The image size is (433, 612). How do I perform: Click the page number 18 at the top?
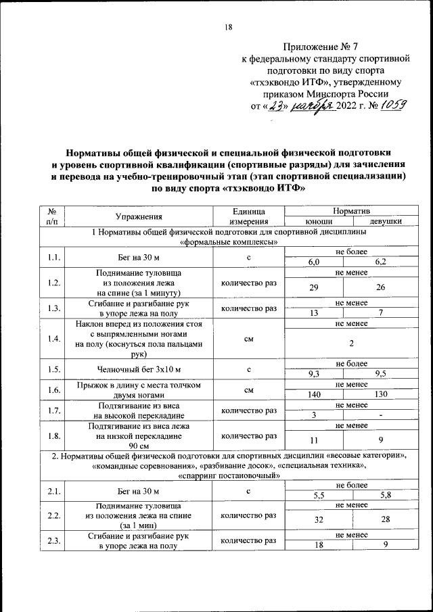click(228, 27)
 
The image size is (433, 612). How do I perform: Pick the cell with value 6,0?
click(314, 261)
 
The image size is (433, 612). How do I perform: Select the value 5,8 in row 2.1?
click(386, 495)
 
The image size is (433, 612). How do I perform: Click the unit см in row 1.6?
click(249, 390)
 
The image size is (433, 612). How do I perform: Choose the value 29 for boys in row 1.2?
click(314, 287)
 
